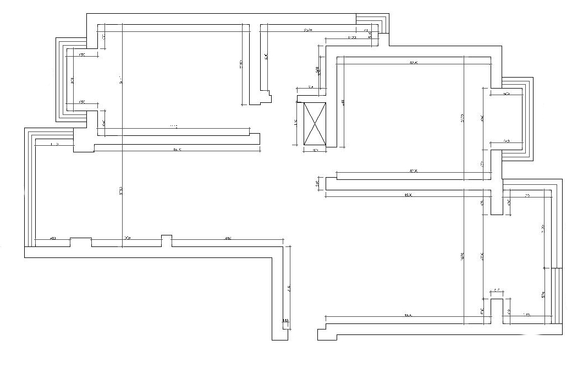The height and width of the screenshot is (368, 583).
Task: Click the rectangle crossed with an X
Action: coord(315,124)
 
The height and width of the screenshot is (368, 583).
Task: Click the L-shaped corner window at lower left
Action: coord(30,187)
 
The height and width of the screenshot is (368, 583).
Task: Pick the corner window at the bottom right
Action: coord(557,297)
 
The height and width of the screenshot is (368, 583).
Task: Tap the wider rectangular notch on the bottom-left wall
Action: coord(81,243)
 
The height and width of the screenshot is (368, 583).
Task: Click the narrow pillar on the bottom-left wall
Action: coord(166,241)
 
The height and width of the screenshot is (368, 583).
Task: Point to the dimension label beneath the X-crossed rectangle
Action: coord(315,150)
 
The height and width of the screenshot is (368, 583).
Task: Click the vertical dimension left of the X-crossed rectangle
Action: coord(296,122)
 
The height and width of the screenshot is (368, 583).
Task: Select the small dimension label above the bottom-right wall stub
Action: coord(497,289)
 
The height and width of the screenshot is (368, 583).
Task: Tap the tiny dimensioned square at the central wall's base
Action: coord(285,321)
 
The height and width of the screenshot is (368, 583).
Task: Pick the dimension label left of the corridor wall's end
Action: coord(317,184)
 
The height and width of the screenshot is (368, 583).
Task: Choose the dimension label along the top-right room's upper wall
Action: coord(414,63)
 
